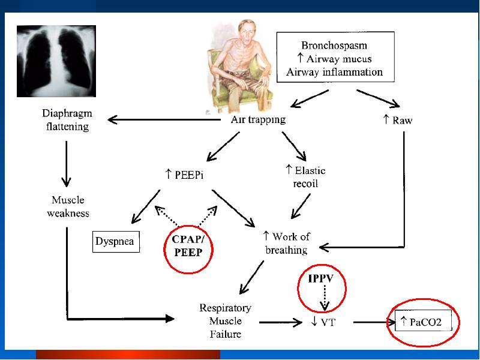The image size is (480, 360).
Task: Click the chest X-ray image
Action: click(56, 61)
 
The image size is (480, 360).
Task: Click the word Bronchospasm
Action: click(334, 46)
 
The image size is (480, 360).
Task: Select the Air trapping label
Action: click(258, 119)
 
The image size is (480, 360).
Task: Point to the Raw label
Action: click(398, 120)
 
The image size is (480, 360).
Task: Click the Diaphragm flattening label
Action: click(67, 119)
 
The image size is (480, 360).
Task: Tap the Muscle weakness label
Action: click(68, 206)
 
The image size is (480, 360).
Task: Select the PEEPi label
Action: click(184, 175)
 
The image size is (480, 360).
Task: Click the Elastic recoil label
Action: click(305, 176)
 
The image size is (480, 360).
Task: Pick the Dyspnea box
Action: click(116, 242)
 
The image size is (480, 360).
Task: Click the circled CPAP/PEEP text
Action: click(188, 246)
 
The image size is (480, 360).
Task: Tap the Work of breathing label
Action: click(286, 243)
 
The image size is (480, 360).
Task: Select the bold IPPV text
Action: click(321, 278)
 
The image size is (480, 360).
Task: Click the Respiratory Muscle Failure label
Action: click(226, 320)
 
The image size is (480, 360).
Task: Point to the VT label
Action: click(323, 322)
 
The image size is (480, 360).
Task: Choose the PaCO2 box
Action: click(424, 322)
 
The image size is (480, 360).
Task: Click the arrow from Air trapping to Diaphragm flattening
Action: click(164, 119)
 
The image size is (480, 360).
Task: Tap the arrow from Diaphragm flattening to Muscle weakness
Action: click(66, 164)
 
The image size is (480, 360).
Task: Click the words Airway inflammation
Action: click(334, 72)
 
